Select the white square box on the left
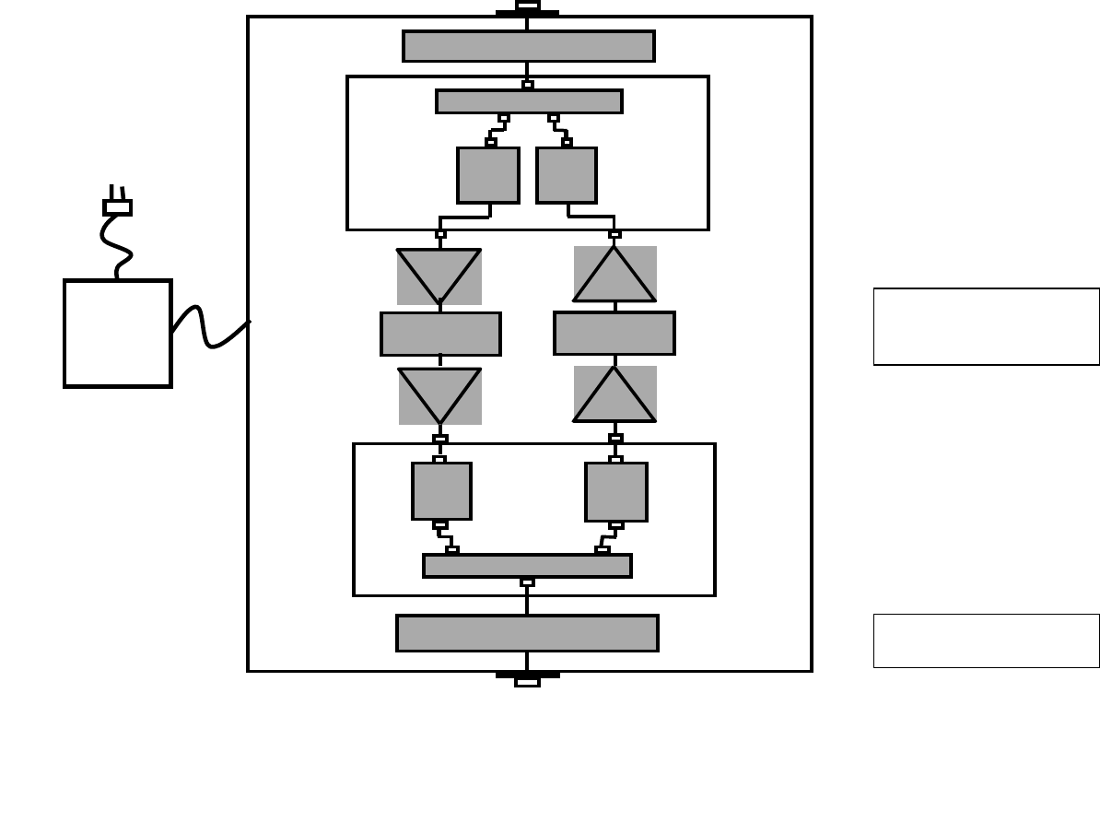point(118,334)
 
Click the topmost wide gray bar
point(528,46)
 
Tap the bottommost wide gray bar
point(527,633)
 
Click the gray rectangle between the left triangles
point(440,334)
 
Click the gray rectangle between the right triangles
point(614,333)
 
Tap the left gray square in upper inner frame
point(487,175)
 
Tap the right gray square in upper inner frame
point(567,175)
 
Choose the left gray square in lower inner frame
point(441,491)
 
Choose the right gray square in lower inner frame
point(615,492)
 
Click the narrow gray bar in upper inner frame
point(529,101)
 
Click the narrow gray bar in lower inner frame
point(527,566)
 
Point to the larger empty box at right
point(986,326)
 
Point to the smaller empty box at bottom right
point(986,640)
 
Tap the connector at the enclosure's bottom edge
point(527,680)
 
